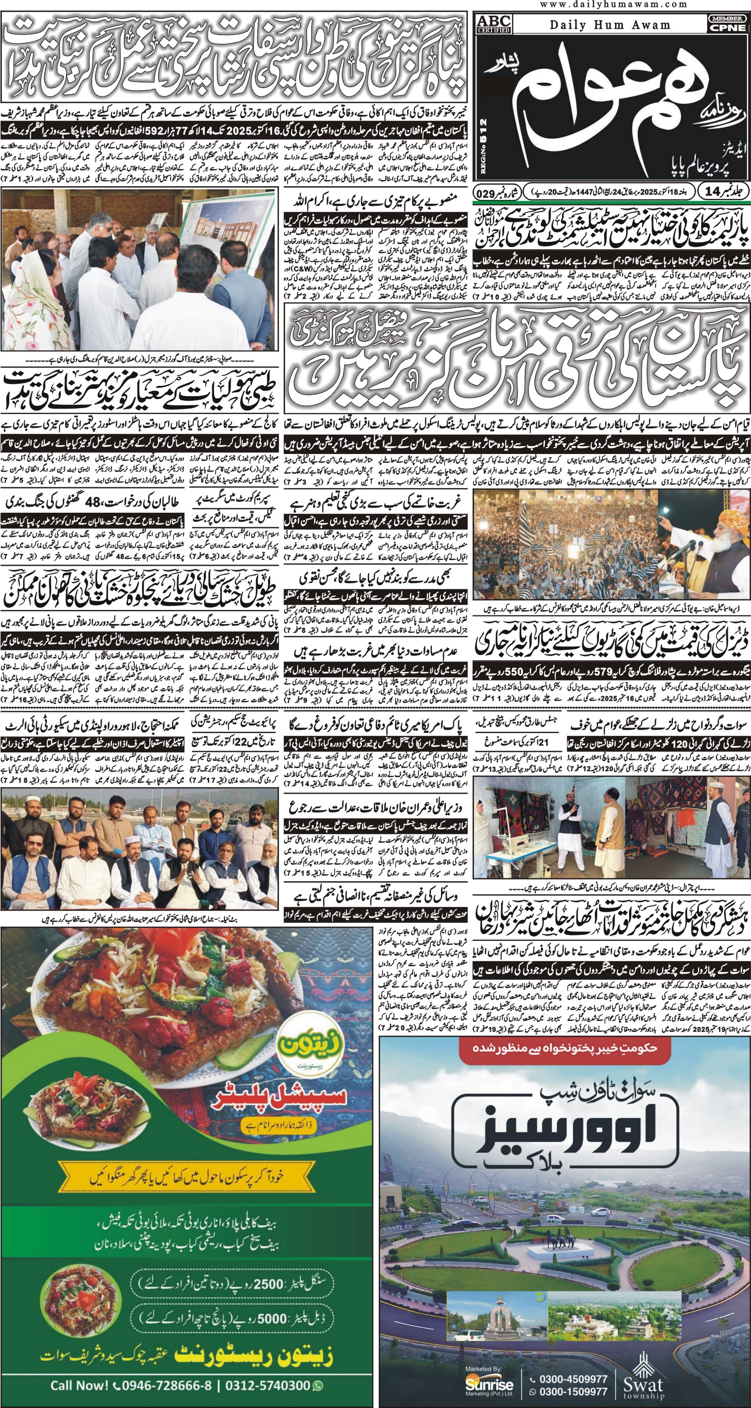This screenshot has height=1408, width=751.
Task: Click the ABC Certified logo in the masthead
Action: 495,24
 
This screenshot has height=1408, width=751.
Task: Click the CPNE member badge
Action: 727,24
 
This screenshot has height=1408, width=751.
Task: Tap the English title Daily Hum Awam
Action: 610,25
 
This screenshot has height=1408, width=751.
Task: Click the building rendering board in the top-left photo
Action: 232,224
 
